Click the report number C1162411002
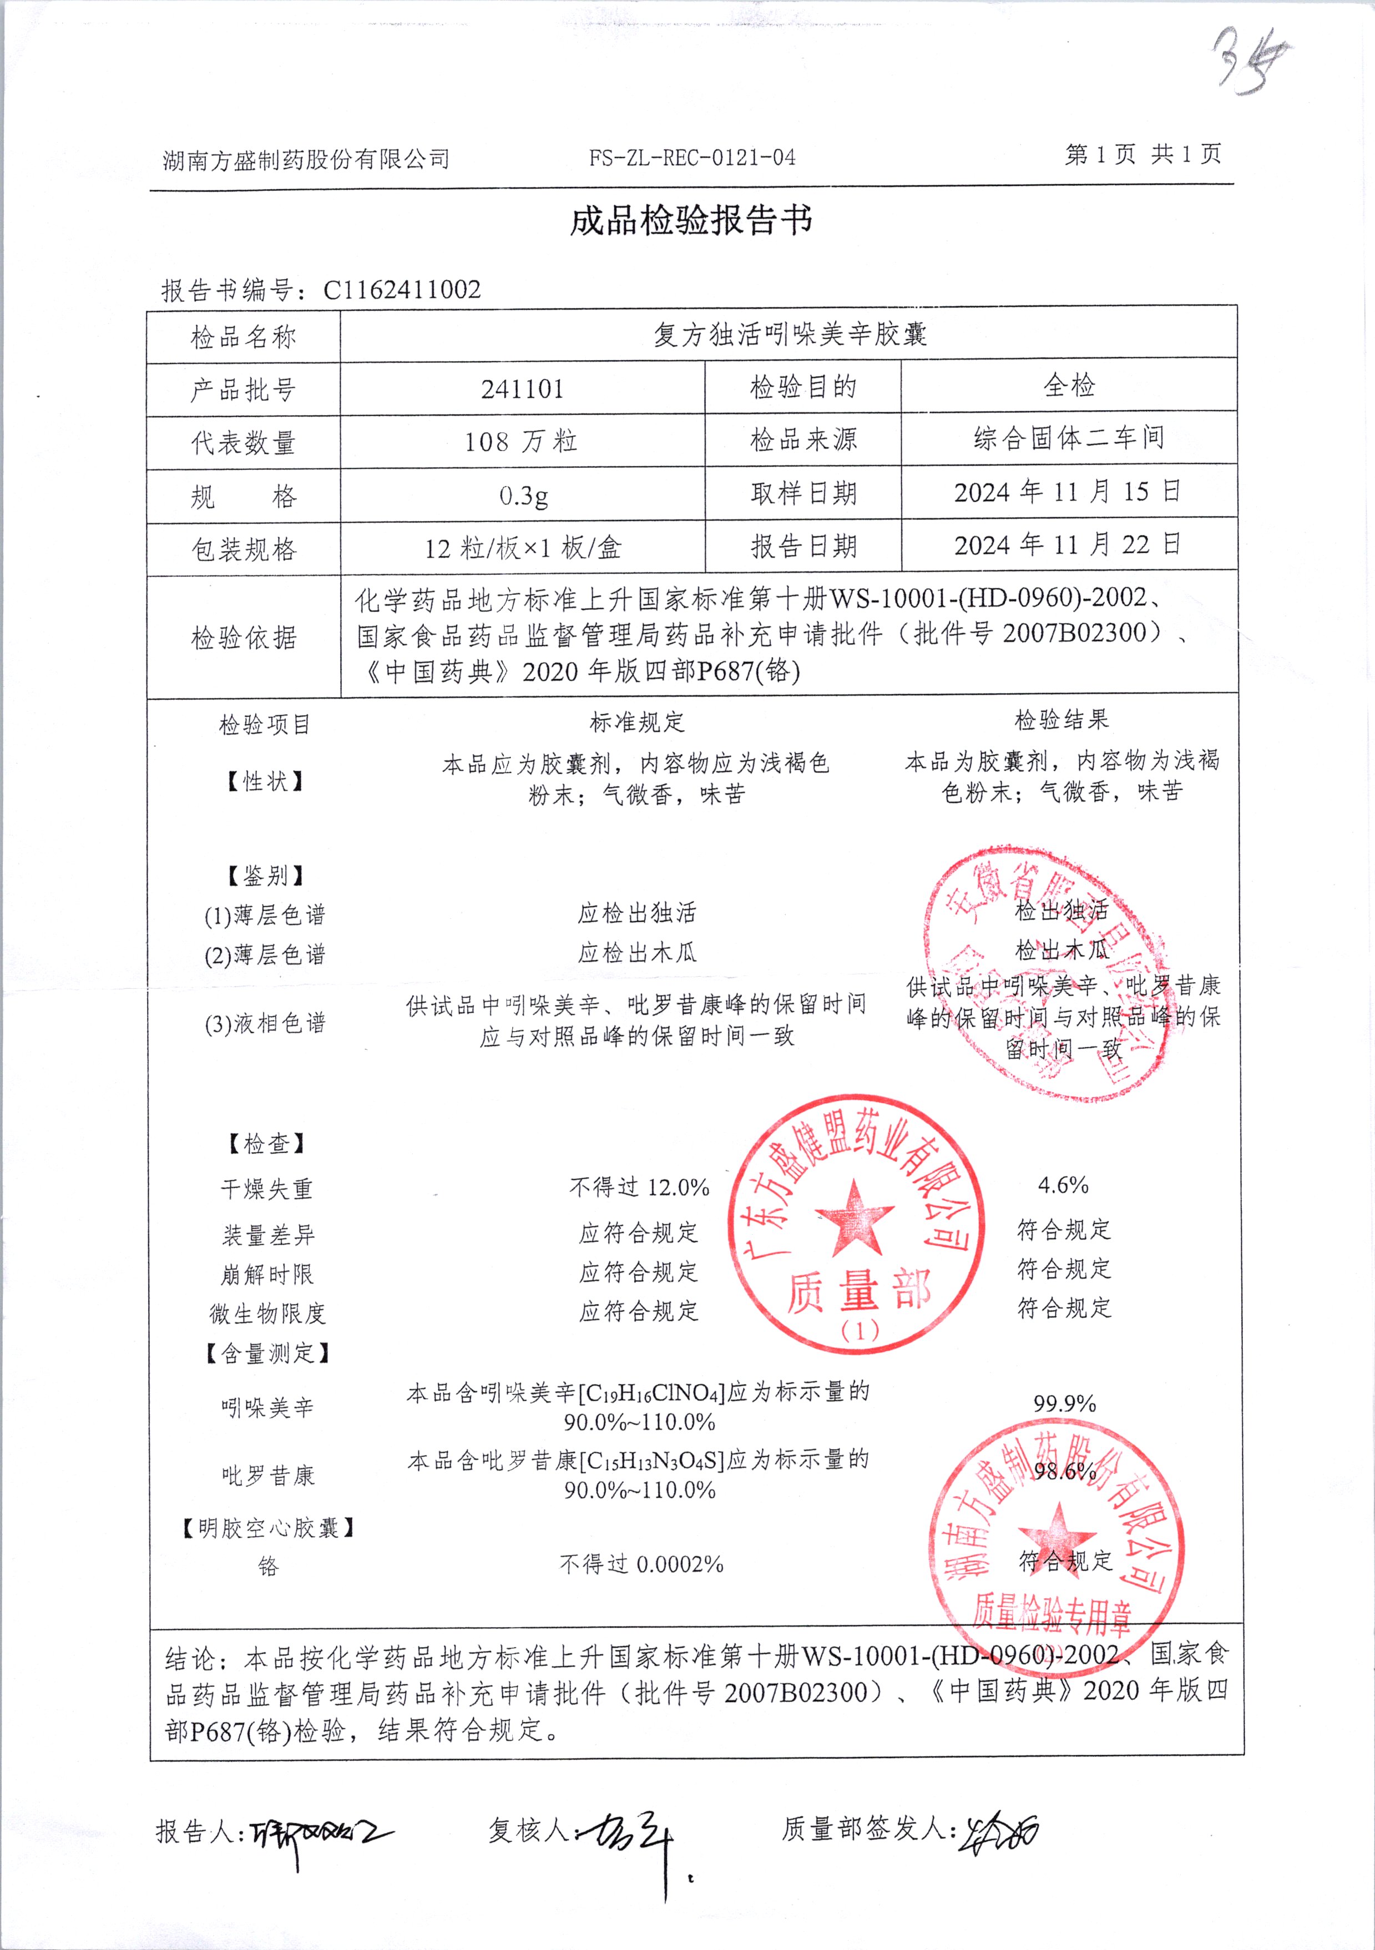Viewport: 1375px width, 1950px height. [x=402, y=290]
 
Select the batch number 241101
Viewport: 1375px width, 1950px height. [x=522, y=389]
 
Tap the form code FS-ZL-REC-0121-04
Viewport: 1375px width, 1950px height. [x=692, y=157]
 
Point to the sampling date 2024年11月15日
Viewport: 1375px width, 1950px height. [x=1068, y=492]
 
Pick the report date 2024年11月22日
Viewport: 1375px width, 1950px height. [x=1068, y=544]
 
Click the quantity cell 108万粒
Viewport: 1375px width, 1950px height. [x=522, y=442]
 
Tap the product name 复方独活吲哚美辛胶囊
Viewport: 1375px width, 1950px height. [x=789, y=335]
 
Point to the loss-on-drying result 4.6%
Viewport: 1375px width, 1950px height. [x=1063, y=1185]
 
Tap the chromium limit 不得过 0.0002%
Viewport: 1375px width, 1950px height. [x=641, y=1564]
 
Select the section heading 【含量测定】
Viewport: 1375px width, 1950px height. [x=267, y=1352]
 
